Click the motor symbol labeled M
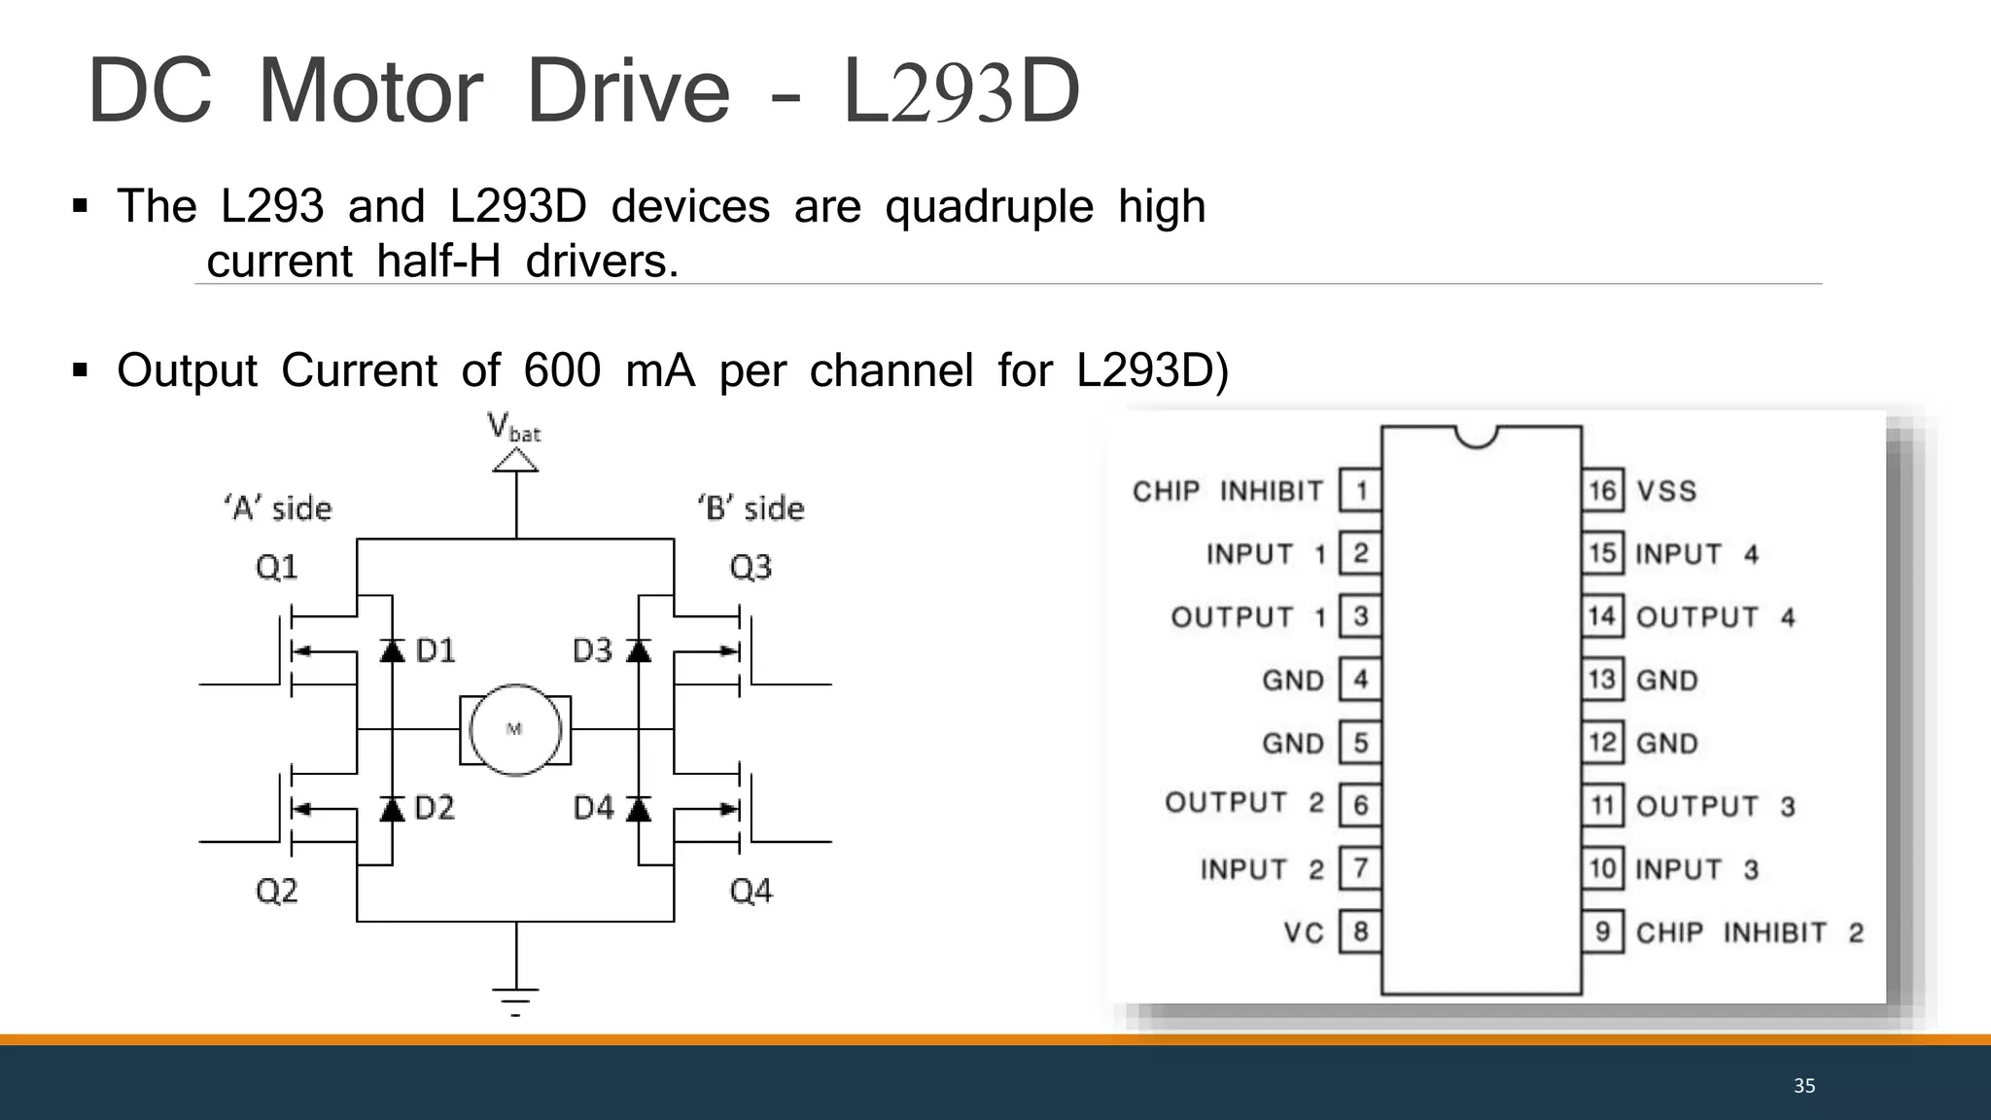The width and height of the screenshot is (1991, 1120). coord(515,729)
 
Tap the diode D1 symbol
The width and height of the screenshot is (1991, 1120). coord(392,649)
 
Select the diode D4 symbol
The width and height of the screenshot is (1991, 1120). coord(639,808)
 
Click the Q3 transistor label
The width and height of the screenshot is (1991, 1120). coord(751,567)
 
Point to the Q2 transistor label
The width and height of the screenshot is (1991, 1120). coord(277,891)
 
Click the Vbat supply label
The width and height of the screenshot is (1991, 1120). coord(514,428)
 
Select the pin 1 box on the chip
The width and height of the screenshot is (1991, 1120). coord(1360,490)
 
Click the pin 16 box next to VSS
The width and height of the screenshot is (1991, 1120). coord(1602,490)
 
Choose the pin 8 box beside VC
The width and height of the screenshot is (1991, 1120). coord(1360,931)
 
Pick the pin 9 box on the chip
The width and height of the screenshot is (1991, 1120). coord(1602,931)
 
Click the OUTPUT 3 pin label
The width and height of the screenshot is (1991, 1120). coord(1715,806)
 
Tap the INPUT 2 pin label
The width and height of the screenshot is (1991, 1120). coord(1262,869)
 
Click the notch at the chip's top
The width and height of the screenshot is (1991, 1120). coord(1477,437)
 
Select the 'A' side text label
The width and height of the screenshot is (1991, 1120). coord(278,507)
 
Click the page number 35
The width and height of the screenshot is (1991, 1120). coord(1804,1086)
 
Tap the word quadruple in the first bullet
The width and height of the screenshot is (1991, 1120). coord(989,206)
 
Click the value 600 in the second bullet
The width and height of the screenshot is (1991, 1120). coord(562,370)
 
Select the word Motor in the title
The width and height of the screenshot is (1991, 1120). coord(369,91)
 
